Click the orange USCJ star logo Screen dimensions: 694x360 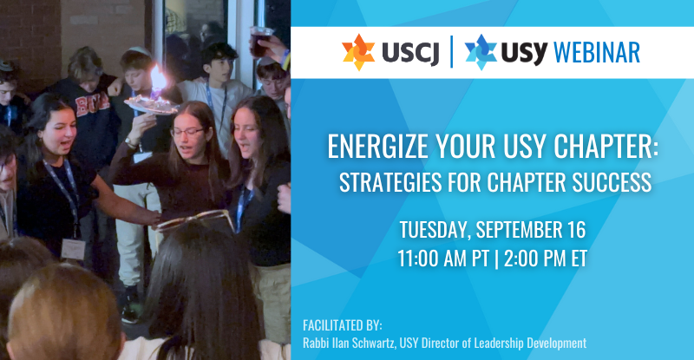coord(358,52)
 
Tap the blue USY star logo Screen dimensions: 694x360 coord(481,52)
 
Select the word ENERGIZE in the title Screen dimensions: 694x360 coord(378,146)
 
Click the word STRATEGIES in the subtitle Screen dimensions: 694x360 coord(390,182)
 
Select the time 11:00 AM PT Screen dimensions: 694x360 coord(443,259)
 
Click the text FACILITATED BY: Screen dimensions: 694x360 coord(343,325)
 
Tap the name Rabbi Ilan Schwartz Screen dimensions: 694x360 coord(349,344)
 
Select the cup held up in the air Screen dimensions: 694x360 coord(259,42)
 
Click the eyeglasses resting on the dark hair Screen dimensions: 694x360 coord(194,221)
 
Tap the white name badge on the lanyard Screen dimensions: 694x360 coord(73,249)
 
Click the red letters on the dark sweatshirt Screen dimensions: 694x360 coord(92,105)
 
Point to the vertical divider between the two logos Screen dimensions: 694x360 coord(452,52)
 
